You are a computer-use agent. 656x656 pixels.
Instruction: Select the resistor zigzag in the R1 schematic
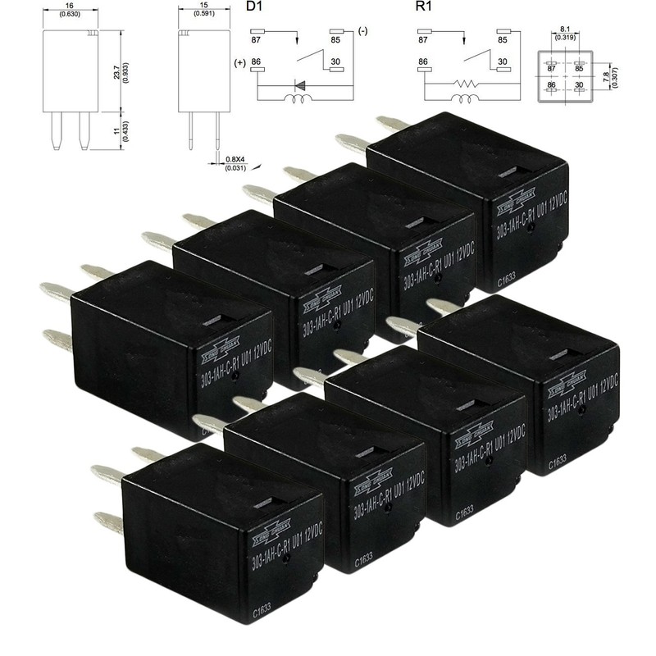point(467,83)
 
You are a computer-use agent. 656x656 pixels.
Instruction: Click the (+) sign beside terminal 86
point(239,63)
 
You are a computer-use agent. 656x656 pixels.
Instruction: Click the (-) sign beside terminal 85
point(362,32)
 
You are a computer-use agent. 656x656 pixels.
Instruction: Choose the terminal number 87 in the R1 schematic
point(424,38)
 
